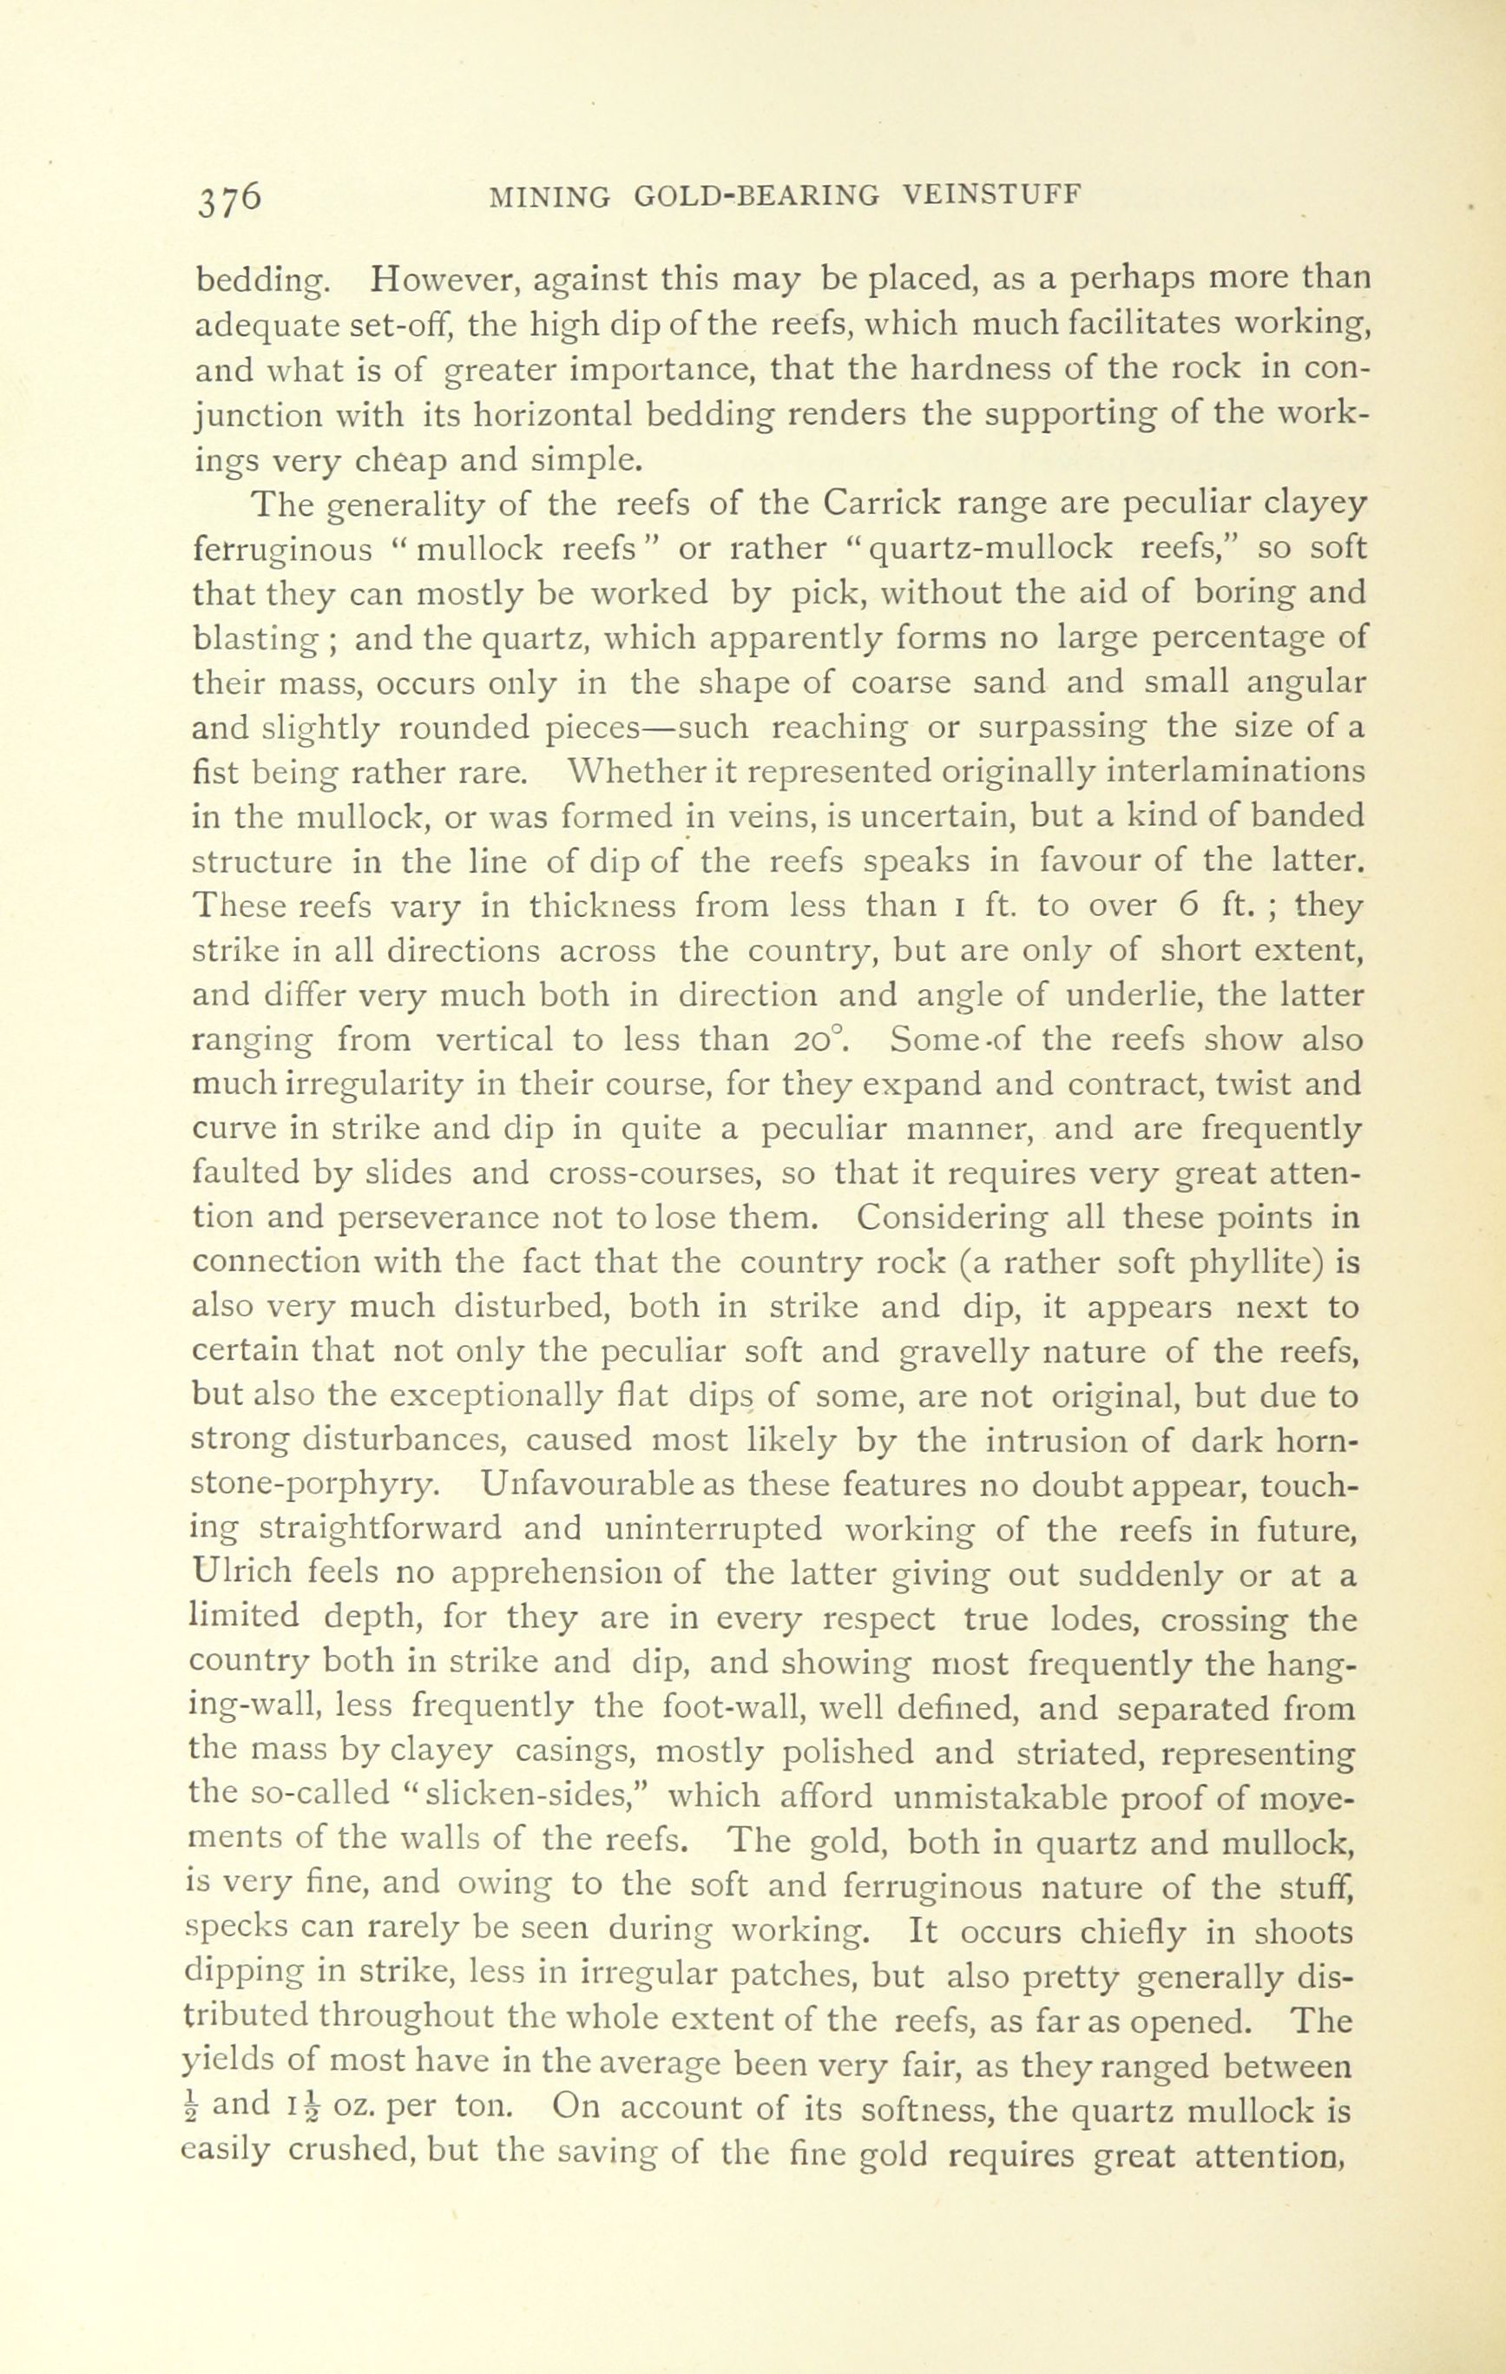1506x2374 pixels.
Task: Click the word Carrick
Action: pos(880,504)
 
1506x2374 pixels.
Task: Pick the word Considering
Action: pos(952,1218)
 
